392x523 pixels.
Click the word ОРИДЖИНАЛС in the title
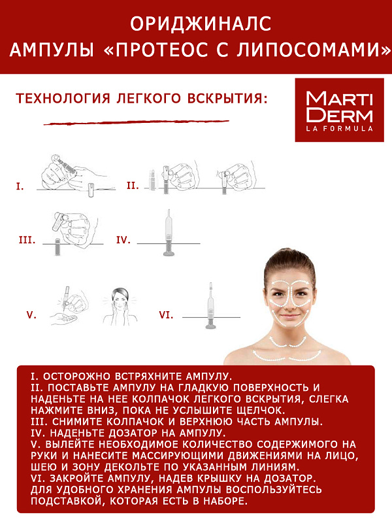pos(201,24)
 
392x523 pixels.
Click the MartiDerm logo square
pos(339,110)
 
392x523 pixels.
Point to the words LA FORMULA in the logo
pos(339,129)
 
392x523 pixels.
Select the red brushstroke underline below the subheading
pos(137,122)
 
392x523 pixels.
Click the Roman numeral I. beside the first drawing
pos(20,186)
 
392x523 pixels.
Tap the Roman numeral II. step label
pos(133,186)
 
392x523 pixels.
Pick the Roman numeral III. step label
pos(27,240)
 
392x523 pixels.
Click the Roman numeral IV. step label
pos(123,240)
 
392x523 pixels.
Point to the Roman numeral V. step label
pos(31,315)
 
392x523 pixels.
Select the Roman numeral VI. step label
pos(166,315)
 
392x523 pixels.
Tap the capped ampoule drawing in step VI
pos(210,305)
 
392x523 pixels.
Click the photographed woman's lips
pos(289,315)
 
